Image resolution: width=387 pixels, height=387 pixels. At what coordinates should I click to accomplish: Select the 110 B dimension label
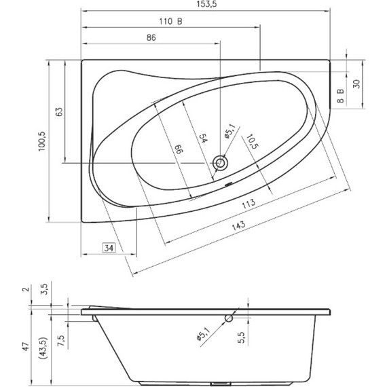[170, 22]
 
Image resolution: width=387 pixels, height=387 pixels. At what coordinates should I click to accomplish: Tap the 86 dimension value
[151, 38]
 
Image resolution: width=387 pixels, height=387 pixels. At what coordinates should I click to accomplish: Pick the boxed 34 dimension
[109, 248]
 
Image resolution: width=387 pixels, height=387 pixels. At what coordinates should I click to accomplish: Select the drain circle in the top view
[220, 163]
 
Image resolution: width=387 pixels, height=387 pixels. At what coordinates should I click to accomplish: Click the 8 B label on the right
[341, 96]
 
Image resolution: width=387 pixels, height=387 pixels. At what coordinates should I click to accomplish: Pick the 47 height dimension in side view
[26, 346]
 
